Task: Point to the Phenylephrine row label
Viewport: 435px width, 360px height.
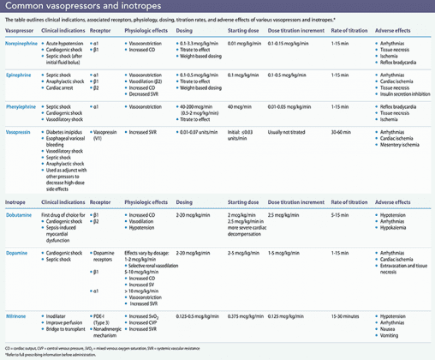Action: coord(21,107)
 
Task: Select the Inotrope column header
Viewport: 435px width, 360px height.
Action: coord(16,203)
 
